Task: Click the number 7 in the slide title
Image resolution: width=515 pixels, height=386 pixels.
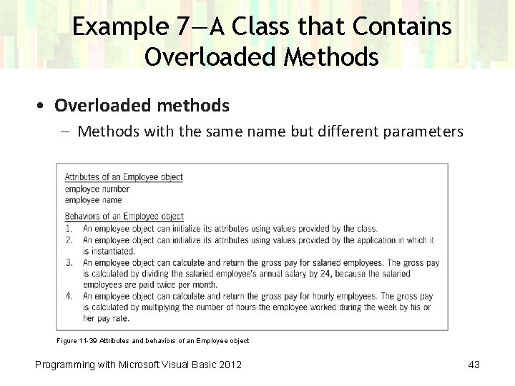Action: (182, 27)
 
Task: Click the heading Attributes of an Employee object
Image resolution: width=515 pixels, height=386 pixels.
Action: (124, 177)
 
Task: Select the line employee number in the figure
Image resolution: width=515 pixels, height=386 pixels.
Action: (97, 189)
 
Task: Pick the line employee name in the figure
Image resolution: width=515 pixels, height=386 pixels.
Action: (94, 200)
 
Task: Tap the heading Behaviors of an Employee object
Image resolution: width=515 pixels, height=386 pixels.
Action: (124, 217)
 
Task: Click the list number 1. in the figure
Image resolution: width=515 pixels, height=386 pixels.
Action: (69, 229)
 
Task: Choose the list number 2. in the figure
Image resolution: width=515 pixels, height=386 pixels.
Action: (69, 240)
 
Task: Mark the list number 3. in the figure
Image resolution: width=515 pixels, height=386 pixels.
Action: (69, 262)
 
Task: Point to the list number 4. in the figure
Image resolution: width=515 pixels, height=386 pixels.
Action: (69, 296)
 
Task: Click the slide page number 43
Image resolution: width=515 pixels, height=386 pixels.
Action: (474, 365)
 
